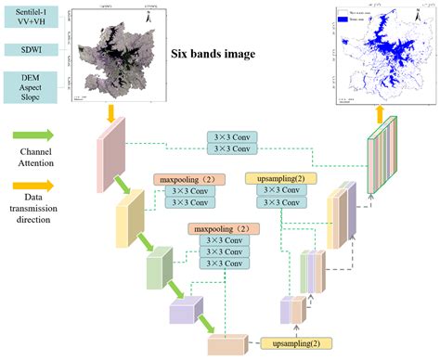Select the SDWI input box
32,49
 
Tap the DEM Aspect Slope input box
32,85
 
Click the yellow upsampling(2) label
280,179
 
